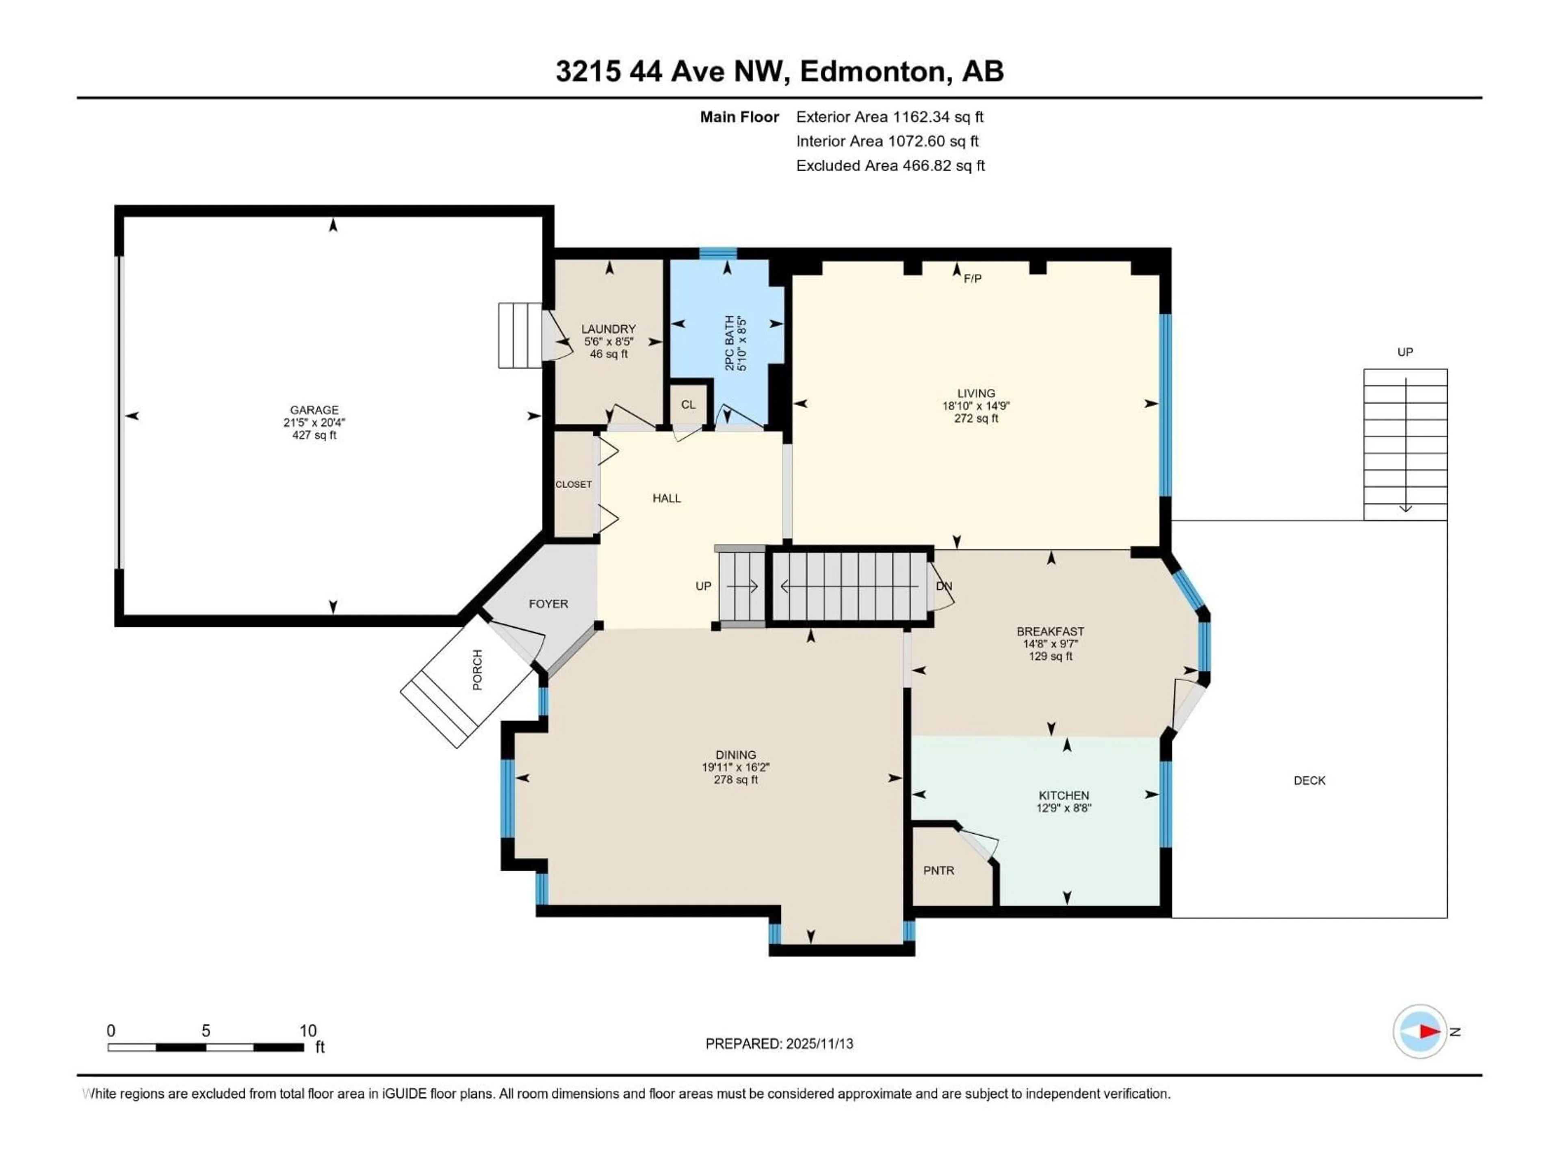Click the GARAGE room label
click(314, 410)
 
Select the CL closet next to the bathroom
click(688, 405)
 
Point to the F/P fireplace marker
click(973, 279)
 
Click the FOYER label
click(548, 604)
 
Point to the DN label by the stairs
click(944, 586)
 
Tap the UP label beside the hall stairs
click(703, 586)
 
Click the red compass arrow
click(1429, 1031)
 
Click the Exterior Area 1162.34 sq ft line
click(889, 117)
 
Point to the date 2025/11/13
click(819, 1044)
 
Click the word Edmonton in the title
click(872, 71)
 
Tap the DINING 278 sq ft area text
click(736, 780)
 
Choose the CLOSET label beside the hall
click(573, 485)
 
